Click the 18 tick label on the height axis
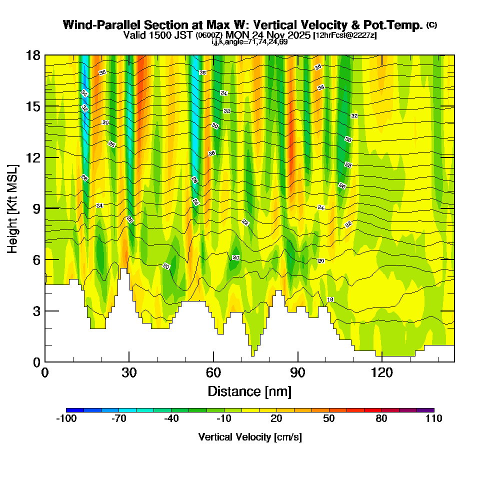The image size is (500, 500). point(33,55)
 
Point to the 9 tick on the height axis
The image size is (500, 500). point(45,208)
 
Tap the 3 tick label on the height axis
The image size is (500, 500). point(36,310)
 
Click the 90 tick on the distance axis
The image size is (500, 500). point(298,361)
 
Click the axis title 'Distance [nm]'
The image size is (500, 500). point(249,390)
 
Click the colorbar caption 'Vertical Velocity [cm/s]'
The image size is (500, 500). point(250,437)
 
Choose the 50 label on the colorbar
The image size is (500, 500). point(329,419)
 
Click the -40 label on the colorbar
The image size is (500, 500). point(171,419)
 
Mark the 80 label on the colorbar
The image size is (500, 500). point(381,419)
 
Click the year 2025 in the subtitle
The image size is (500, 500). point(298,35)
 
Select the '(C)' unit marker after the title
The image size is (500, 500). point(431,25)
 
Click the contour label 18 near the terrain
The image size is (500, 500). point(330,299)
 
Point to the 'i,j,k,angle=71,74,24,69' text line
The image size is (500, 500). point(249,42)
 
